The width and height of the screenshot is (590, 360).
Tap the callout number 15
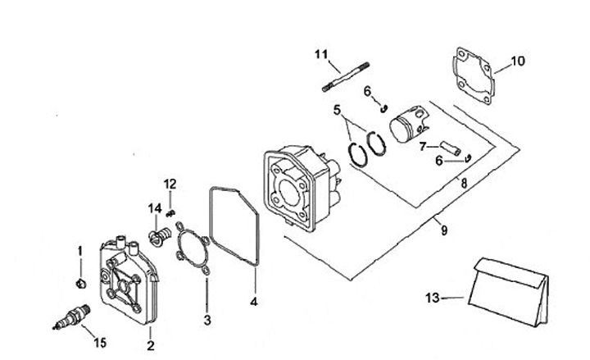click(100, 342)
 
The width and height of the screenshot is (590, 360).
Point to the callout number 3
click(207, 320)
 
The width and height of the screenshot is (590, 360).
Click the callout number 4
click(254, 302)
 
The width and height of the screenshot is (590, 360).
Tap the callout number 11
click(320, 54)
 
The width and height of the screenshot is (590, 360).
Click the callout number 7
click(424, 148)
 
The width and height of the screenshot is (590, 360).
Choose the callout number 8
click(464, 185)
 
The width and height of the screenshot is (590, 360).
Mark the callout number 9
click(443, 230)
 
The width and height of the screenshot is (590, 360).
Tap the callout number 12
click(170, 183)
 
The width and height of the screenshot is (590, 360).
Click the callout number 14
click(154, 209)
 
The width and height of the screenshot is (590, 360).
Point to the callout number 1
click(80, 250)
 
